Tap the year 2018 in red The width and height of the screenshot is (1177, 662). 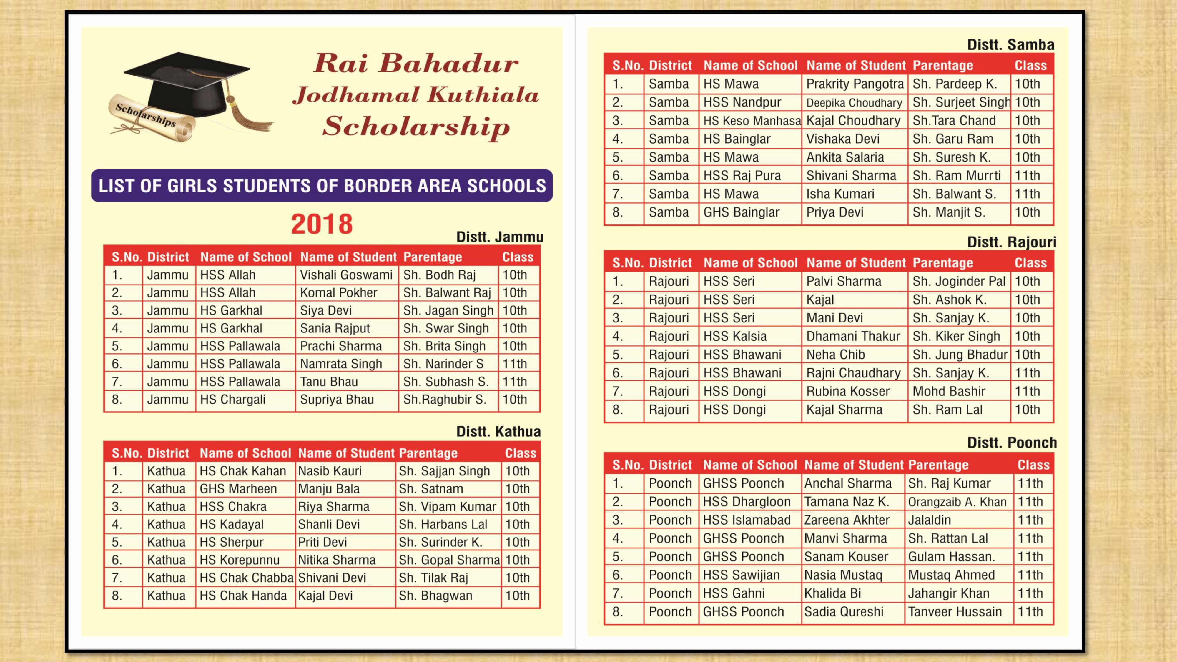point(322,224)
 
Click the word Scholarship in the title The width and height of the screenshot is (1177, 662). point(416,127)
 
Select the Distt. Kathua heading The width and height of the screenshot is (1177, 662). point(498,431)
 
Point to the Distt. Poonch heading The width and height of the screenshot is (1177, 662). point(1012,442)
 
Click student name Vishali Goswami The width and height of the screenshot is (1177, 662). point(346,275)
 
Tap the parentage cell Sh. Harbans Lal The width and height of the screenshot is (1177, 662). point(443,525)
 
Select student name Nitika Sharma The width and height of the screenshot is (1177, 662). point(337,560)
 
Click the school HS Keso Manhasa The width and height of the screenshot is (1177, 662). point(752,121)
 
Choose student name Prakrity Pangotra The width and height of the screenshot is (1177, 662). point(855,84)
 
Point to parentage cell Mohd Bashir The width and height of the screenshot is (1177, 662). point(949,392)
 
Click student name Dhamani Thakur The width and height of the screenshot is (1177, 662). point(853,336)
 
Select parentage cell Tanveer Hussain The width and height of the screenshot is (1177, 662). point(955,612)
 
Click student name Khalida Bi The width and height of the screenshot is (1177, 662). point(832,593)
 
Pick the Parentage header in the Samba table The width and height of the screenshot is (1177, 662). point(942,65)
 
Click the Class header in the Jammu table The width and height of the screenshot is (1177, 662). point(518,257)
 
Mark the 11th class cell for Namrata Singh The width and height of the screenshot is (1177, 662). point(514,364)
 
